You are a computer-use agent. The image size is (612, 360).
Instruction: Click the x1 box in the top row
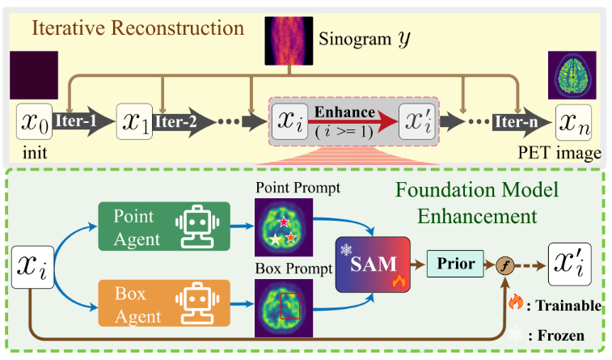coord(134,122)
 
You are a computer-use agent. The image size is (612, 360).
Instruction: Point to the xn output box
coord(574,122)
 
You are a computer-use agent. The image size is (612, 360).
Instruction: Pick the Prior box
coord(454,263)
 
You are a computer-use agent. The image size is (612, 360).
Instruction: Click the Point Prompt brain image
coord(284,227)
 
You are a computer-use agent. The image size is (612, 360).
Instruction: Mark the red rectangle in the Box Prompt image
coord(289,307)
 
